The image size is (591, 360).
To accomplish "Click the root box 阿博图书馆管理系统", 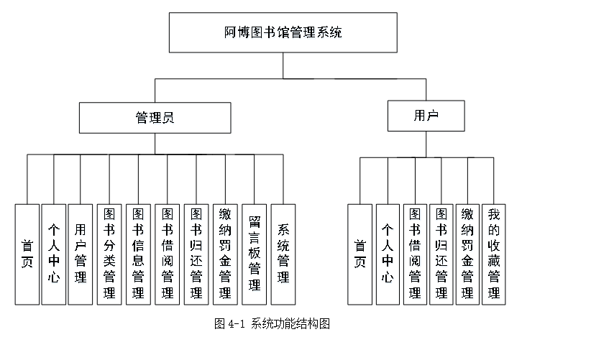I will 283,32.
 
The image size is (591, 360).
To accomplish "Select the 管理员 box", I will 155,118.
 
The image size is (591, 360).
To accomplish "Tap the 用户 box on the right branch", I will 426,116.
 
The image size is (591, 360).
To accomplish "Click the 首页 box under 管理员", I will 27,254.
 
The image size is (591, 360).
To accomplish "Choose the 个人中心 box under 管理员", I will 54,254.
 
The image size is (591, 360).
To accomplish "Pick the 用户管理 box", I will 81,254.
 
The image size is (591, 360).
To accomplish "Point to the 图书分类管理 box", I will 109,254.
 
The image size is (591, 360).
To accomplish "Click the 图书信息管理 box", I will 138,254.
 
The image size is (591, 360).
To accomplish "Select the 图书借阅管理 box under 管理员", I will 168,254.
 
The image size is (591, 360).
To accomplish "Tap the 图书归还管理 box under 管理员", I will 196,254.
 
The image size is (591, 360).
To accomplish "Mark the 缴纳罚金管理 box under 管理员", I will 225,254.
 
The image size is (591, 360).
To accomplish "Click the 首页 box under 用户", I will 359,254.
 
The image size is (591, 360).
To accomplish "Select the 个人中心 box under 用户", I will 388,254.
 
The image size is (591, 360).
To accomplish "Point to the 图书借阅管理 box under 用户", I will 415,254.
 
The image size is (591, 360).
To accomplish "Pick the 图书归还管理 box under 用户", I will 441,254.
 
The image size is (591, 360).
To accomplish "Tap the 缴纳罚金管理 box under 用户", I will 467,254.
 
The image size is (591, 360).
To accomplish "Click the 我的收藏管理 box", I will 493,254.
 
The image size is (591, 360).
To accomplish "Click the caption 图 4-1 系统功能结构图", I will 272,323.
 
